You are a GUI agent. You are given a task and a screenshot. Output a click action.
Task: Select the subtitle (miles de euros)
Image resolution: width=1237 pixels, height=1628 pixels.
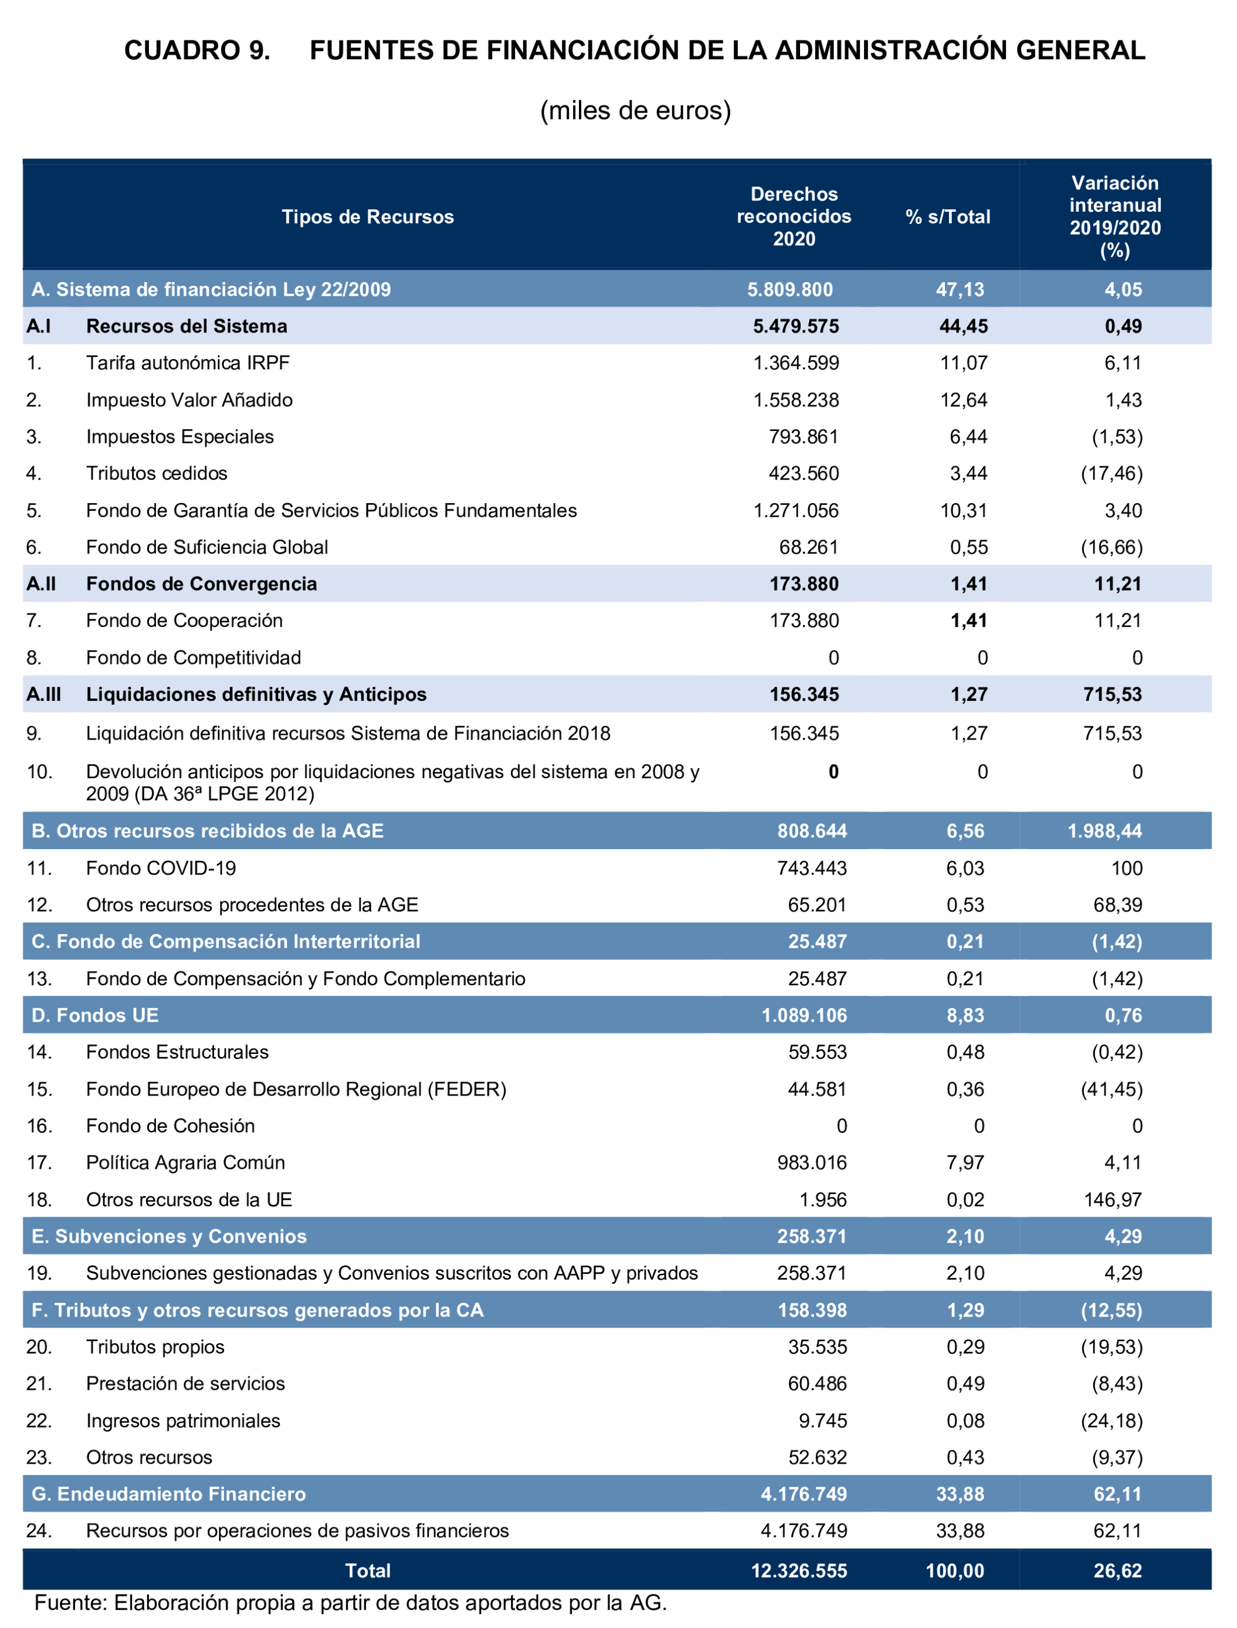[x=635, y=110]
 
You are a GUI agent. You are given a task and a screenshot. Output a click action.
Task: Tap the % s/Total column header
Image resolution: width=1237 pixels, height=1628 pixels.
[x=948, y=216]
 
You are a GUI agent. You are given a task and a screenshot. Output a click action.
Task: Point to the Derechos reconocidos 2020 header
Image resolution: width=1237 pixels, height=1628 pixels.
[x=794, y=216]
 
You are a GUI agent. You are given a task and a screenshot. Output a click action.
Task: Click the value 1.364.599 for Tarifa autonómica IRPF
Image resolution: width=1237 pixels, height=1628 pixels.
[x=796, y=363]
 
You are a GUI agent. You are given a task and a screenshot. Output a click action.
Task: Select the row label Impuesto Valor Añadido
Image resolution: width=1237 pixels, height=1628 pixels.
[x=189, y=400]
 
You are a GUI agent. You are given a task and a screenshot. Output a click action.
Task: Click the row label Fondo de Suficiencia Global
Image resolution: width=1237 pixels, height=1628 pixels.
[x=207, y=547]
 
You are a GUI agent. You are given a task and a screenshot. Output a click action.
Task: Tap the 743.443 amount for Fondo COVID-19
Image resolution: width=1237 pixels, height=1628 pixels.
[x=812, y=868]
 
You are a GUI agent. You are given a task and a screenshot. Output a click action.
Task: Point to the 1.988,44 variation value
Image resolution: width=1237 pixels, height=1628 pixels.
[x=1104, y=832]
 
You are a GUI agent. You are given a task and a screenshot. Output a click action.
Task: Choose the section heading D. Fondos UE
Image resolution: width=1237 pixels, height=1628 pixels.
[x=95, y=1015]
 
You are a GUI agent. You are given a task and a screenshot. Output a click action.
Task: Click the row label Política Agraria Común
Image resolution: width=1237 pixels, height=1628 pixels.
[x=185, y=1162]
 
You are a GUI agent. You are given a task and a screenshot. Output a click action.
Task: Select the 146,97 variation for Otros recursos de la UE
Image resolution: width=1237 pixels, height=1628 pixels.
[x=1113, y=1199]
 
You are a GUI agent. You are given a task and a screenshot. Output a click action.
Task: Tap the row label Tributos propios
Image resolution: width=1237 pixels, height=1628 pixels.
[x=155, y=1347]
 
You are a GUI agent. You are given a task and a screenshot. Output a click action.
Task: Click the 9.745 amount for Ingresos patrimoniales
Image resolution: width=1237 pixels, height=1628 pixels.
[x=822, y=1420]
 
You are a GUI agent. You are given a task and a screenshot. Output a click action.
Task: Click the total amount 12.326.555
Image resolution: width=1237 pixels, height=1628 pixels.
[x=799, y=1571]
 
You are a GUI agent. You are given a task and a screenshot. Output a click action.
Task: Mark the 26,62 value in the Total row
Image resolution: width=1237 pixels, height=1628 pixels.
[x=1118, y=1571]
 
